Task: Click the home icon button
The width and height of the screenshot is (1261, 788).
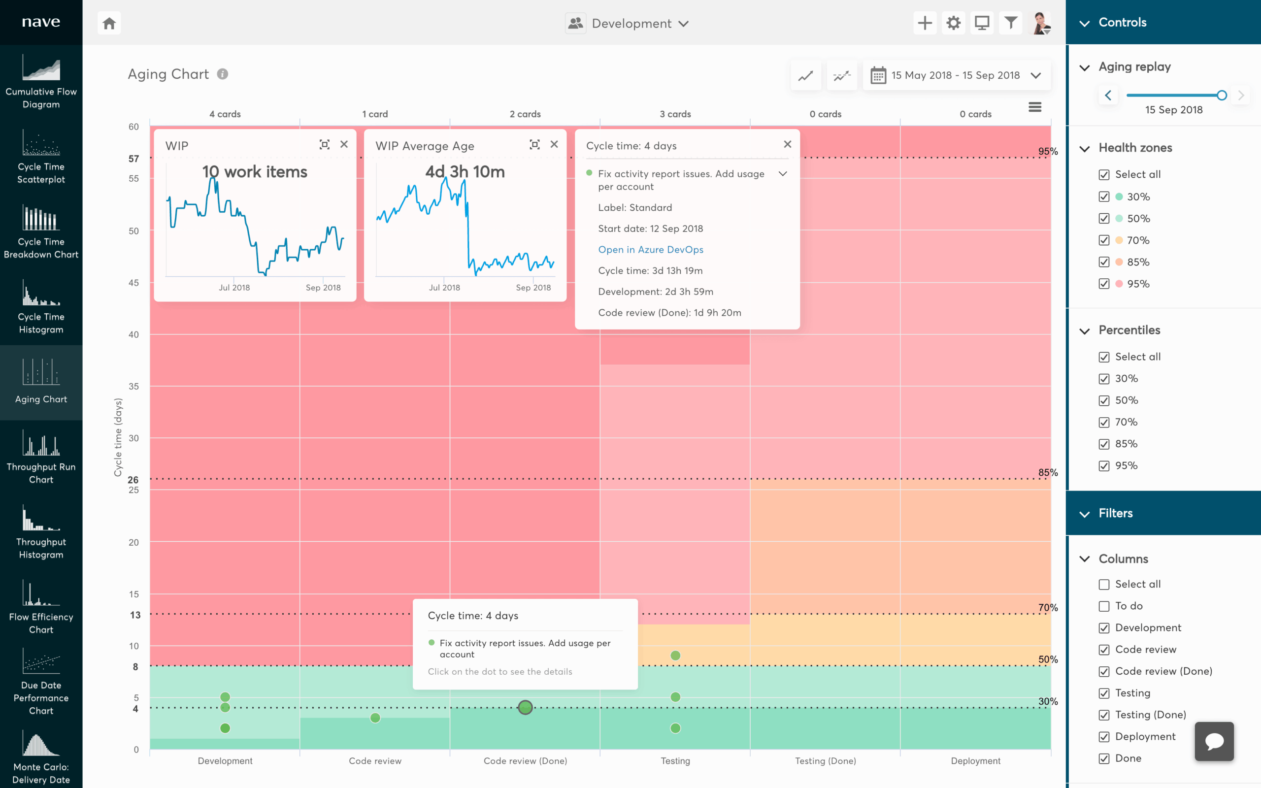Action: click(109, 24)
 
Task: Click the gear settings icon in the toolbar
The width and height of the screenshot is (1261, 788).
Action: click(953, 23)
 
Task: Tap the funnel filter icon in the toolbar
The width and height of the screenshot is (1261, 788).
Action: click(1010, 23)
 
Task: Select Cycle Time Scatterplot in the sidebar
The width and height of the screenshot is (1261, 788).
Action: click(41, 158)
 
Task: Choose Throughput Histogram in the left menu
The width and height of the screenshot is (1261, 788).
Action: click(41, 532)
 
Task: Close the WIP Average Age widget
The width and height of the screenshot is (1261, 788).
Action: click(554, 144)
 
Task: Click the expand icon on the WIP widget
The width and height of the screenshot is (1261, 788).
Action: click(325, 144)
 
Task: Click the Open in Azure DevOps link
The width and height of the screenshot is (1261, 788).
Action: click(650, 250)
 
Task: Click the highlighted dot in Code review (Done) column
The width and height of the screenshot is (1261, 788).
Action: click(525, 707)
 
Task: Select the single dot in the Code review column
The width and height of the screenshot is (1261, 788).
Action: click(375, 718)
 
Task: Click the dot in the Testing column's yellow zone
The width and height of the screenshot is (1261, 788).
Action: click(675, 655)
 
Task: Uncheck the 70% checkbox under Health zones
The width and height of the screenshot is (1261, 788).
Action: click(1104, 240)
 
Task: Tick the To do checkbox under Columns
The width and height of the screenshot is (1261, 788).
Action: click(1104, 606)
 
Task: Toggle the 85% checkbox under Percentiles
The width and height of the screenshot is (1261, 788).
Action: click(1104, 444)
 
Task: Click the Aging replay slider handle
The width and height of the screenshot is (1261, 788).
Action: click(1222, 96)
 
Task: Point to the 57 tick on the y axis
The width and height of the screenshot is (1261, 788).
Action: click(134, 159)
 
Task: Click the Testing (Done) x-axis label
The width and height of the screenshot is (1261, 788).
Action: click(825, 761)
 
